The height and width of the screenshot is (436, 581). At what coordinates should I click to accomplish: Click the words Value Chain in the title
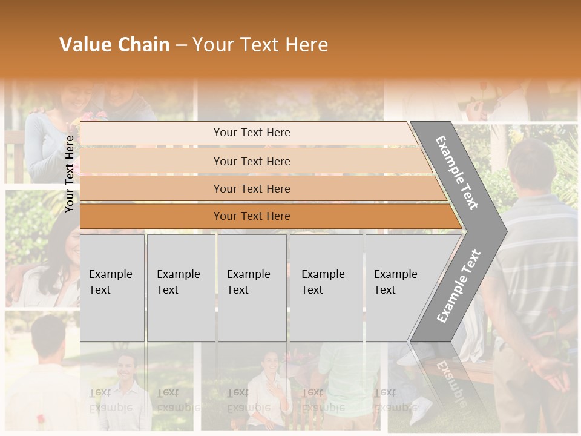(x=114, y=45)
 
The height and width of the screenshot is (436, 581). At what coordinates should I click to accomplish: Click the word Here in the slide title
(x=306, y=45)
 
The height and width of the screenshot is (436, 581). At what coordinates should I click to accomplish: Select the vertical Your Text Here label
(x=70, y=174)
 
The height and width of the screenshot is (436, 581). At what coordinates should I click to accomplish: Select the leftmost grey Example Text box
(x=112, y=288)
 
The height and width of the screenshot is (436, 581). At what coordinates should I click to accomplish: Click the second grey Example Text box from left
(x=180, y=288)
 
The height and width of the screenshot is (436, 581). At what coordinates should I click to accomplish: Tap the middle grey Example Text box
(x=252, y=288)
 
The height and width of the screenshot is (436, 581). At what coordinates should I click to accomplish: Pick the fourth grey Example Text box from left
(x=326, y=288)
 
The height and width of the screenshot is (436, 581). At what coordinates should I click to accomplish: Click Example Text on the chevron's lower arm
(x=458, y=286)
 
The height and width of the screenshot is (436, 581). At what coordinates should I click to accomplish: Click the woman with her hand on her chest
(x=269, y=378)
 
